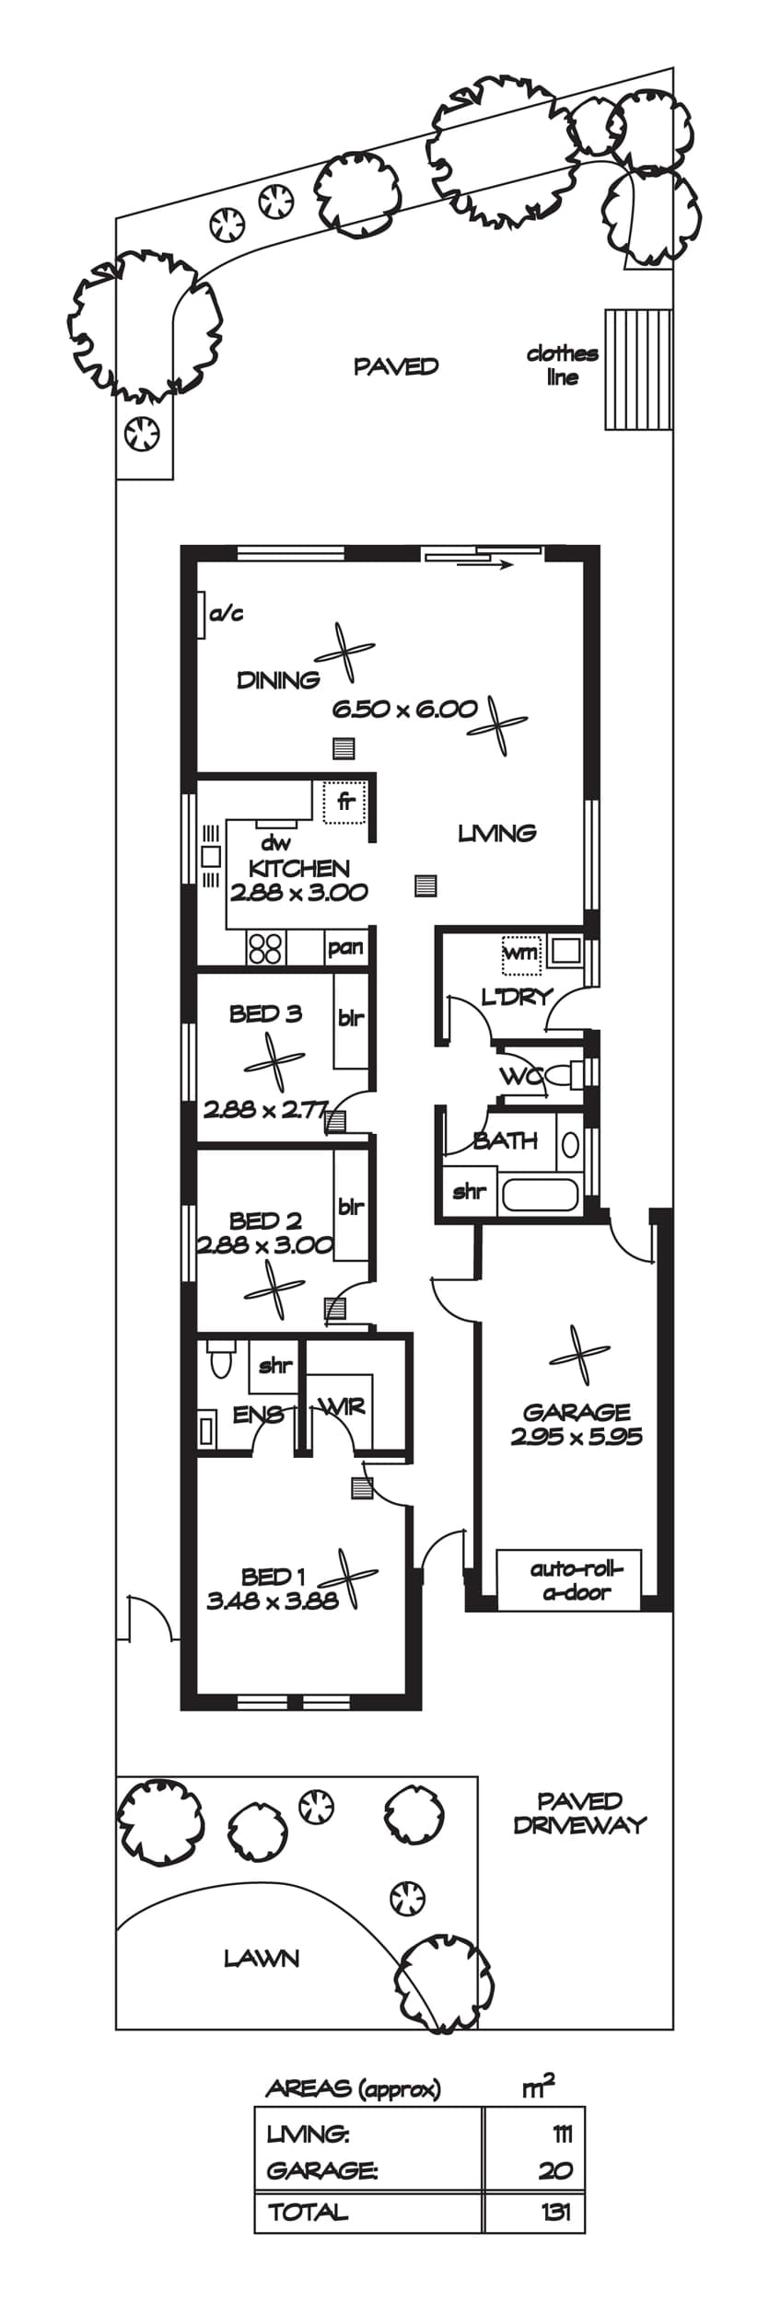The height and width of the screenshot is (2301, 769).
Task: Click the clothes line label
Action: (562, 365)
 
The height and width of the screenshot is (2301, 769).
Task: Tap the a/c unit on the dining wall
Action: (201, 614)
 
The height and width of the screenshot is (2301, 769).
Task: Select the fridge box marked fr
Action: (344, 802)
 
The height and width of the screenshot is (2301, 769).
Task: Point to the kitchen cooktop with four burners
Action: (265, 949)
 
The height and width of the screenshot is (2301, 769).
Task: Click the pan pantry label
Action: (345, 947)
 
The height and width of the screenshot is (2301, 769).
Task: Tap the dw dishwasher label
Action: (276, 842)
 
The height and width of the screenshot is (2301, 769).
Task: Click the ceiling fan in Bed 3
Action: (274, 1063)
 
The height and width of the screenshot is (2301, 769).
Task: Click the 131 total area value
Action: (556, 2211)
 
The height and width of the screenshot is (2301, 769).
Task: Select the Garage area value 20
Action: (555, 2170)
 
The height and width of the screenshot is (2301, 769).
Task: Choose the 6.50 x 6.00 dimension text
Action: (405, 709)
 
